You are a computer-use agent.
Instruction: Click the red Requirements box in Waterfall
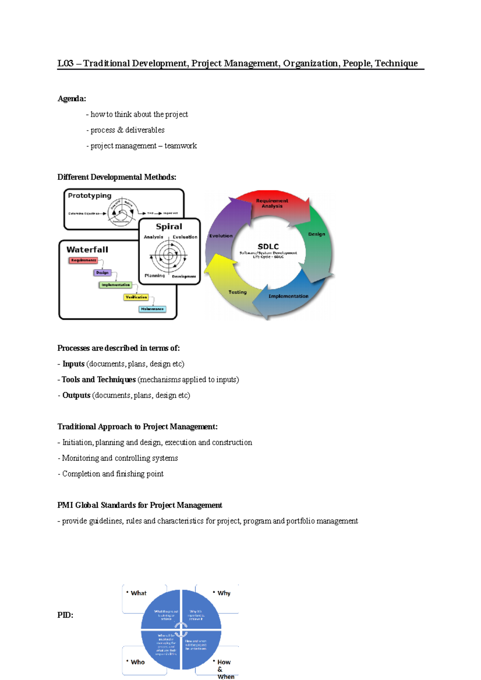[83, 260]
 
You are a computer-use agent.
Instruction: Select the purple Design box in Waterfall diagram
[102, 273]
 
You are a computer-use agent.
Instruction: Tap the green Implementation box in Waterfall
[115, 285]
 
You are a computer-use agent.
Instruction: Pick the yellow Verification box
[136, 297]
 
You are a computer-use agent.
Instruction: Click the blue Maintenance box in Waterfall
[152, 309]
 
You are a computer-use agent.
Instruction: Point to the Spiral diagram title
[169, 227]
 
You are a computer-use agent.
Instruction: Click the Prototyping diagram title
[90, 196]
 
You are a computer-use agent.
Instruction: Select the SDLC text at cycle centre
[268, 247]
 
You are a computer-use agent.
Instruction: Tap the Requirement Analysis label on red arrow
[272, 203]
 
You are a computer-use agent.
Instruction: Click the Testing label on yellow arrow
[237, 292]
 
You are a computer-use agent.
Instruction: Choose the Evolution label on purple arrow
[221, 236]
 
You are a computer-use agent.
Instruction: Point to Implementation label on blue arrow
[288, 296]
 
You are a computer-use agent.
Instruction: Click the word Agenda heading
[71, 99]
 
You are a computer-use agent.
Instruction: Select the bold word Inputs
[73, 364]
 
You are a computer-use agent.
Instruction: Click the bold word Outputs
[76, 396]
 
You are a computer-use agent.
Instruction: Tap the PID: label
[65, 615]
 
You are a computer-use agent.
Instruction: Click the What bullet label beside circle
[139, 593]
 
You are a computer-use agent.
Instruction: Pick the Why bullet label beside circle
[224, 593]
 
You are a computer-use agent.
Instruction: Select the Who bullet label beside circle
[137, 662]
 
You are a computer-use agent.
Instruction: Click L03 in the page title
[65, 64]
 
